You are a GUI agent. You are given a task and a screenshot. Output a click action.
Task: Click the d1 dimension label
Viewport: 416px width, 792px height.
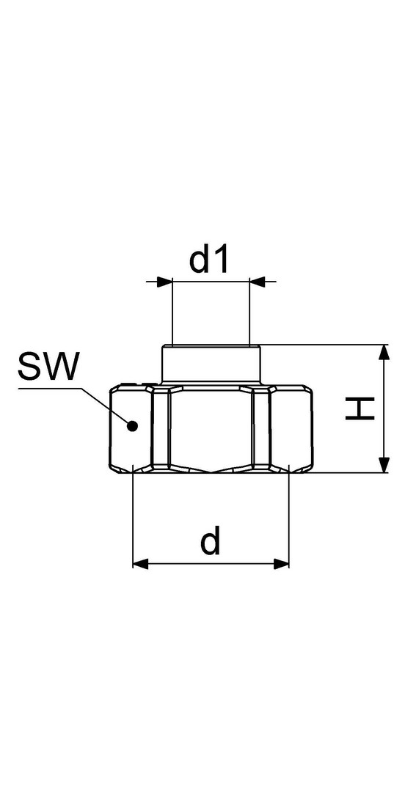click(209, 260)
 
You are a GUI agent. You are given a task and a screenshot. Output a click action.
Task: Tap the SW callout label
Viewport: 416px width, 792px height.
click(49, 367)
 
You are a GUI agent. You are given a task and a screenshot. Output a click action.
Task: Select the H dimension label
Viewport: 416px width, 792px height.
click(360, 408)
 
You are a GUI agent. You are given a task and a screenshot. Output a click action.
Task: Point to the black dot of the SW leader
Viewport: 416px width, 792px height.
click(133, 426)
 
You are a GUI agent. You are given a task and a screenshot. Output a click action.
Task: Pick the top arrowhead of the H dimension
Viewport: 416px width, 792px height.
click(384, 353)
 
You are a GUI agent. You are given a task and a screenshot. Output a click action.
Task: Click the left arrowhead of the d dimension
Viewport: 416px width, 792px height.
click(141, 564)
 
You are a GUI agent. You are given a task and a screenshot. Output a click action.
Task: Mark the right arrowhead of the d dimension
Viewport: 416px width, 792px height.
click(281, 564)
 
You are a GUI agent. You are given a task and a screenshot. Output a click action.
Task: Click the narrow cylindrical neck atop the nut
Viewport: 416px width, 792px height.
click(211, 364)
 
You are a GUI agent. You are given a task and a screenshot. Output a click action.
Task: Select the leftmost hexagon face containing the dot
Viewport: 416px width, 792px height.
click(131, 428)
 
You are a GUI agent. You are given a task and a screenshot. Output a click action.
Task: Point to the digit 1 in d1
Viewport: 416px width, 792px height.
click(222, 260)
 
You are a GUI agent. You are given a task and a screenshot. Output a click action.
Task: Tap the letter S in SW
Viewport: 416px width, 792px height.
click(29, 367)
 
